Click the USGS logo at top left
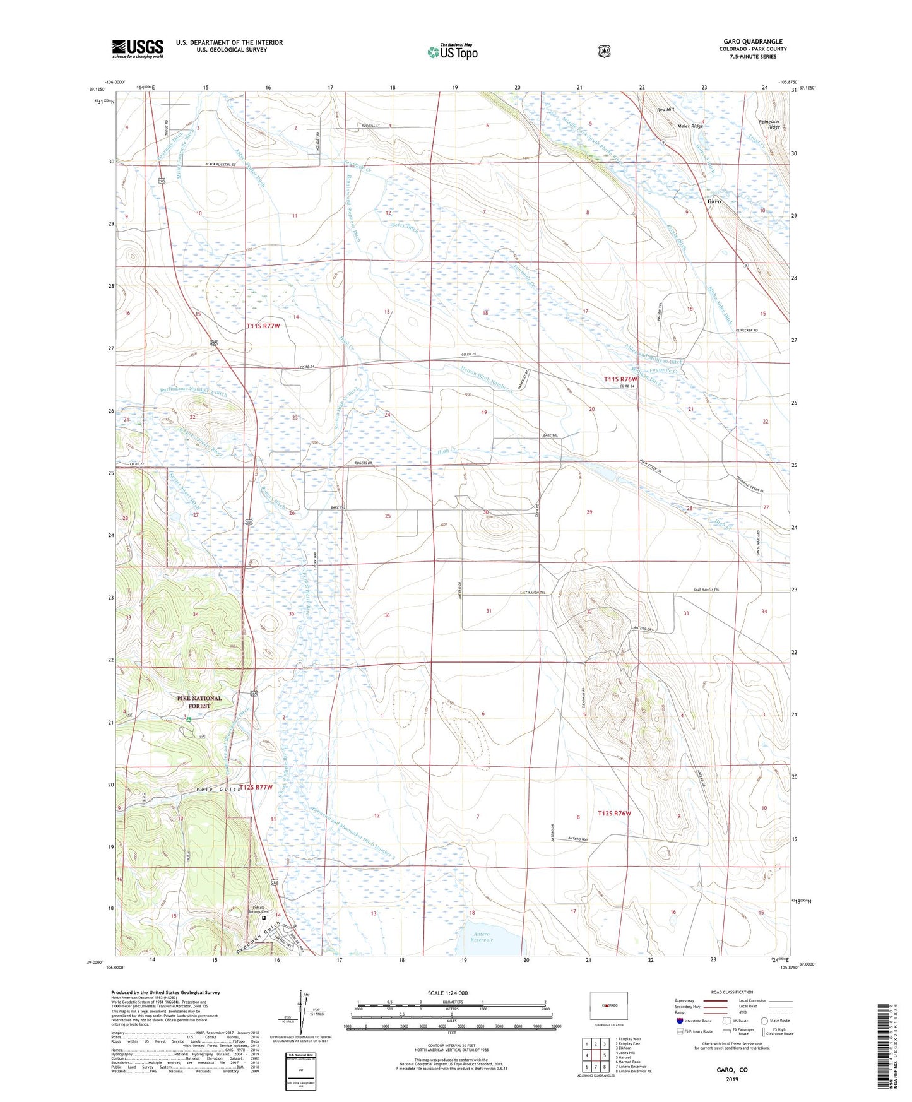pyautogui.click(x=138, y=49)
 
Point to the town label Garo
pyautogui.click(x=714, y=202)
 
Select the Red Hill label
pyautogui.click(x=665, y=110)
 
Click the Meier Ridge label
pyautogui.click(x=690, y=126)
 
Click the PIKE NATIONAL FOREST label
pyautogui.click(x=199, y=702)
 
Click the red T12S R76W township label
pyautogui.click(x=614, y=814)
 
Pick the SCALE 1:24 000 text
pyautogui.click(x=447, y=993)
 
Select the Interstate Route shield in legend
pyautogui.click(x=678, y=1021)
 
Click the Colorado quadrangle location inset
pyautogui.click(x=608, y=1005)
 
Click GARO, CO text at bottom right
pyautogui.click(x=731, y=1070)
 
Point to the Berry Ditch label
pyautogui.click(x=404, y=227)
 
